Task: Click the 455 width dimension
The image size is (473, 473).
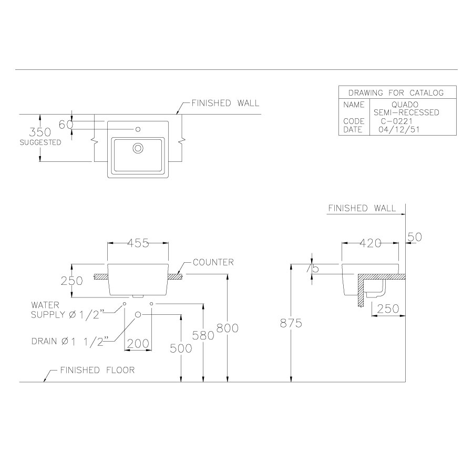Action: pyautogui.click(x=138, y=243)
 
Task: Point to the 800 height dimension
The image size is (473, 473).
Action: pyautogui.click(x=227, y=328)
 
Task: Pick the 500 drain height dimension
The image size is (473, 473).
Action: pyautogui.click(x=180, y=348)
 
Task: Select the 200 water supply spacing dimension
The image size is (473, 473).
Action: pyautogui.click(x=138, y=344)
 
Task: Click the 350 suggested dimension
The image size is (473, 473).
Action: pyautogui.click(x=40, y=132)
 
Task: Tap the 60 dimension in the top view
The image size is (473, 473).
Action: pyautogui.click(x=65, y=125)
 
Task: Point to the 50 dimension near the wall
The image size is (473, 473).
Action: pyautogui.click(x=415, y=238)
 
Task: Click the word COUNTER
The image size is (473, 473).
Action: pyautogui.click(x=213, y=262)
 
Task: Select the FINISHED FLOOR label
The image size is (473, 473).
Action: pyautogui.click(x=97, y=370)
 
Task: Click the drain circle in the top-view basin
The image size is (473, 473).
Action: pyautogui.click(x=138, y=148)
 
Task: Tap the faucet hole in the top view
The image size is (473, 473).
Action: pyautogui.click(x=138, y=129)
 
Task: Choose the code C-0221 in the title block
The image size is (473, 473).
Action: pyautogui.click(x=397, y=121)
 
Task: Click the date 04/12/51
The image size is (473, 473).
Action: pyautogui.click(x=399, y=129)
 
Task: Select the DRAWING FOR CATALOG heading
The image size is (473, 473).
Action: pyautogui.click(x=397, y=93)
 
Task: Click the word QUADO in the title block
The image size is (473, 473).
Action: pyautogui.click(x=405, y=105)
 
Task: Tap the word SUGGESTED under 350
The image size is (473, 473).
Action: pyautogui.click(x=40, y=142)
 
